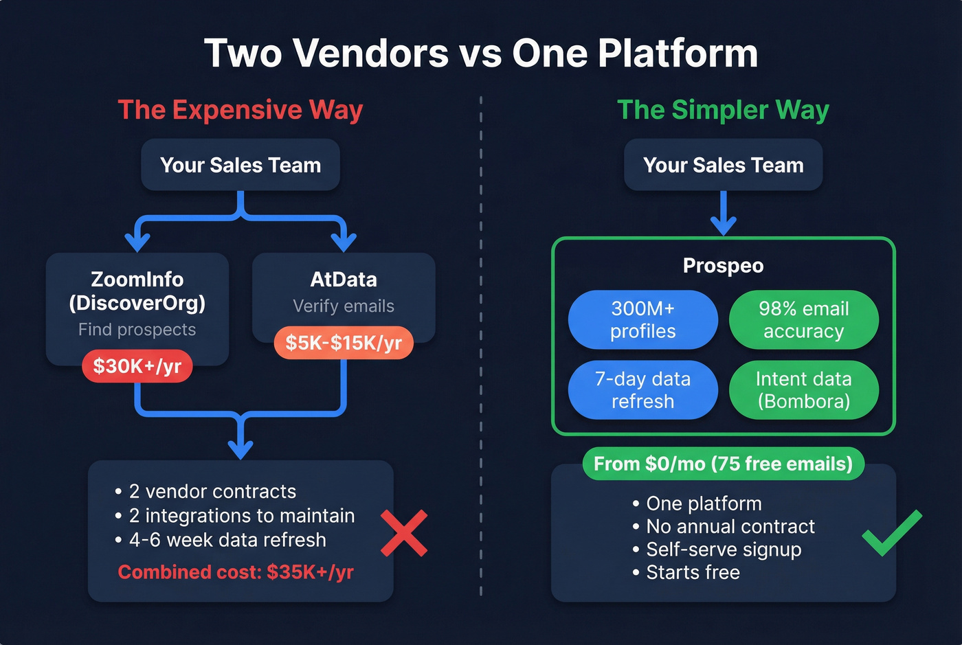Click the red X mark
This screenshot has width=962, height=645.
(404, 533)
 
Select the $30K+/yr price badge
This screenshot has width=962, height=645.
(137, 366)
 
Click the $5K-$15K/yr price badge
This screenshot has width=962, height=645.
(344, 343)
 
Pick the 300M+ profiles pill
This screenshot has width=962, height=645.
(643, 320)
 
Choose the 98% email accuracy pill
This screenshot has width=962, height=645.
(803, 320)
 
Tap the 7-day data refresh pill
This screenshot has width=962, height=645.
(643, 390)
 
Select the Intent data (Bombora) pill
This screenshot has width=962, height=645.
(803, 390)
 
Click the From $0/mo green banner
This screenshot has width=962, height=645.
(723, 464)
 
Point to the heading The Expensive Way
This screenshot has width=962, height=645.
(240, 110)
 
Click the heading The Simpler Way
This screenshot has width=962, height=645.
(723, 110)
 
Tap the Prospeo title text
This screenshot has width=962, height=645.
(723, 266)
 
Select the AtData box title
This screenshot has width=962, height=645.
(344, 280)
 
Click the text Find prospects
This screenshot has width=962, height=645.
(137, 330)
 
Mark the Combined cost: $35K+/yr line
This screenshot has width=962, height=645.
(236, 572)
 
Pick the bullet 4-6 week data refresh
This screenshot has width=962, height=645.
(227, 540)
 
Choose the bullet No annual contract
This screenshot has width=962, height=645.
(730, 527)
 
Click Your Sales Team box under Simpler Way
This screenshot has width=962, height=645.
(723, 165)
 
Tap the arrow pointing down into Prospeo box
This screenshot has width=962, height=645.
(723, 214)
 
